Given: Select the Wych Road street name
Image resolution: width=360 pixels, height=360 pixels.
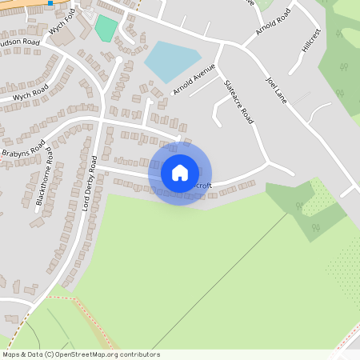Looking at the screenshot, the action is tap(30, 93).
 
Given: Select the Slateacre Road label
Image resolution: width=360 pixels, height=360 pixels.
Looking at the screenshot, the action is tap(238, 100).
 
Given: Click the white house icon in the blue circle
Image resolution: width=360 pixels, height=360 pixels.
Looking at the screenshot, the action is tap(180, 173).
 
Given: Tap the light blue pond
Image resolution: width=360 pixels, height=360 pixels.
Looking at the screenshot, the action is tap(171, 60).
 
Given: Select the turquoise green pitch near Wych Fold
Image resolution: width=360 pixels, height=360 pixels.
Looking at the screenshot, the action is tap(105, 29).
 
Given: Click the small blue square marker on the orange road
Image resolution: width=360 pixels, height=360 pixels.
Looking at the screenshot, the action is tap(50, 3).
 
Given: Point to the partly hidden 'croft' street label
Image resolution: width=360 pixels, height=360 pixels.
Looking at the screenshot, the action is tap(203, 186).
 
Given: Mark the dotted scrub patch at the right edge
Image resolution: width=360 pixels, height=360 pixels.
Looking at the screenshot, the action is tap(343, 268).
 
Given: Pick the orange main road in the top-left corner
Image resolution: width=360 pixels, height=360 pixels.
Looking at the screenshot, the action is tap(20, 6).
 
